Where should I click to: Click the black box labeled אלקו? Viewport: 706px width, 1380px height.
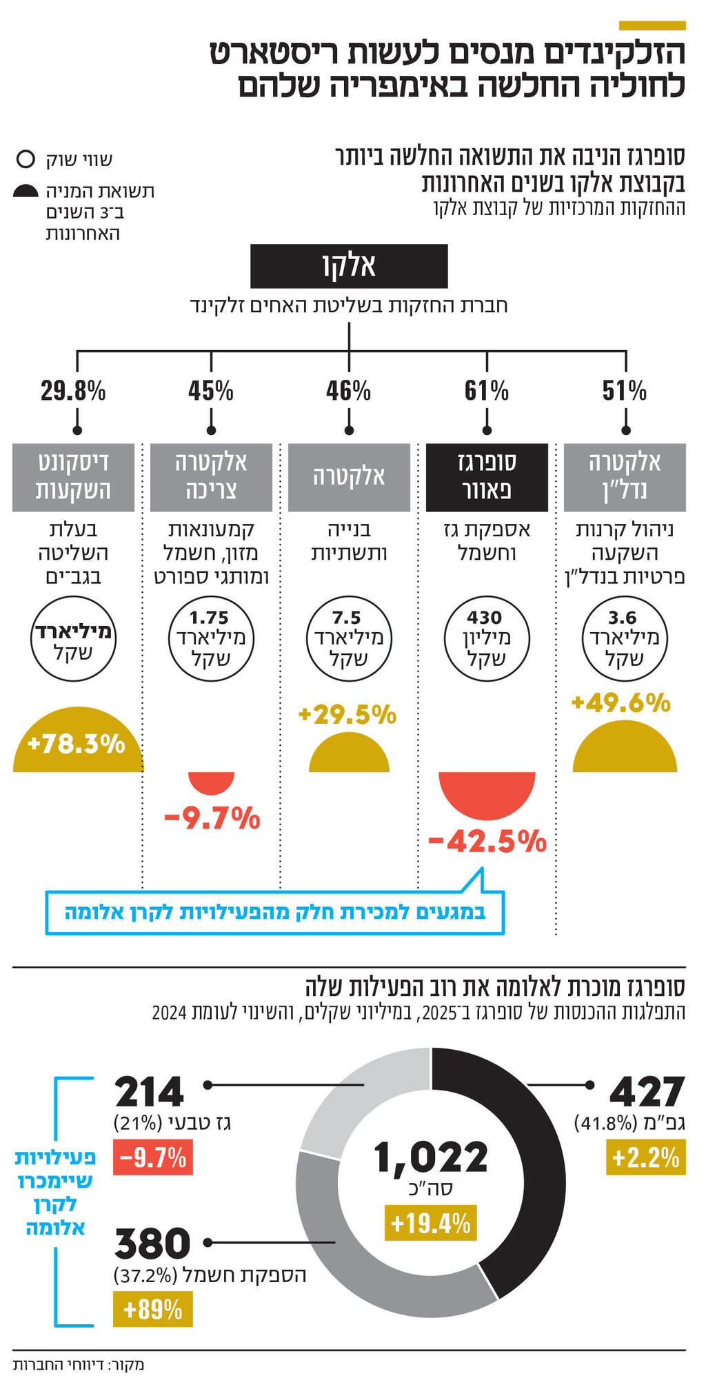point(348,266)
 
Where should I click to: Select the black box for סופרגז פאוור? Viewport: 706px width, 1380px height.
point(487,477)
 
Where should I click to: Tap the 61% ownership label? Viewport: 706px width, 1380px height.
point(487,392)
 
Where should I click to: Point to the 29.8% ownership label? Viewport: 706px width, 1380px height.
point(73,392)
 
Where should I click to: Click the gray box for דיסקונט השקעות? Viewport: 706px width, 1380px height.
point(73,477)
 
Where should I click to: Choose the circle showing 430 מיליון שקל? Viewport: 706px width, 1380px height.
point(487,638)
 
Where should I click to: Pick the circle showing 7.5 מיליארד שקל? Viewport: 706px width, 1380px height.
point(349,638)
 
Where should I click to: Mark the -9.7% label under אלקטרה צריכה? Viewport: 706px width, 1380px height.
point(212,819)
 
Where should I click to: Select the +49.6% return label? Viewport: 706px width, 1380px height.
point(621,703)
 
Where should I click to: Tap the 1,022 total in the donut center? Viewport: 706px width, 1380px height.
point(431,1157)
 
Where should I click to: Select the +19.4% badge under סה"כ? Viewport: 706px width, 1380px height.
point(431,1224)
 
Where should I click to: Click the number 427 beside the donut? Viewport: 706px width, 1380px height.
point(647,1093)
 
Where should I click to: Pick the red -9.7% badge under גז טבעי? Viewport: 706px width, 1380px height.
point(152,1157)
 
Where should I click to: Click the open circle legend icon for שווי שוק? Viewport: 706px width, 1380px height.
point(26,159)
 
